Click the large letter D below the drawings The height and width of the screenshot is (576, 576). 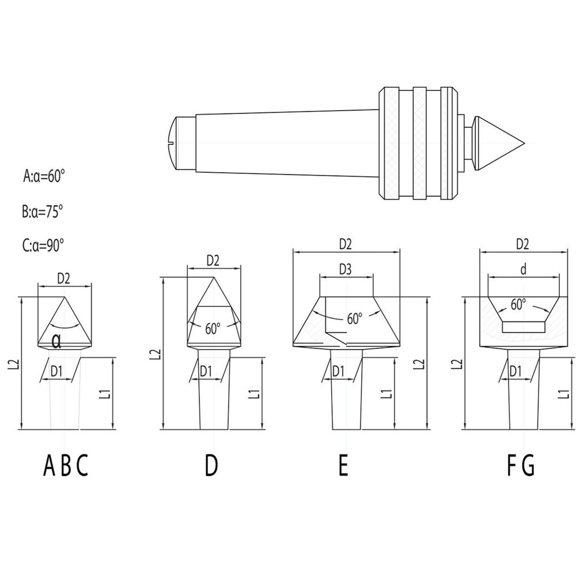pos(211,465)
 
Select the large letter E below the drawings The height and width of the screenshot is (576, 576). pos(343,465)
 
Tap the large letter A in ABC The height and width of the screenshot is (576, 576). pos(50,465)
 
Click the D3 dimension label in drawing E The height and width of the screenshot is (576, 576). pos(345,269)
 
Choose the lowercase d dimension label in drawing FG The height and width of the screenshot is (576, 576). pos(523,269)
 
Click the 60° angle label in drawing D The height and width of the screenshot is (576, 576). pos(213,329)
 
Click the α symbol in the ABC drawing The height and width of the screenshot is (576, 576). pos(56,341)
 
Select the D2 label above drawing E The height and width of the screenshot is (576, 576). pos(345,244)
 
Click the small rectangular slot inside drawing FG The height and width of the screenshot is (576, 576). pos(523,327)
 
